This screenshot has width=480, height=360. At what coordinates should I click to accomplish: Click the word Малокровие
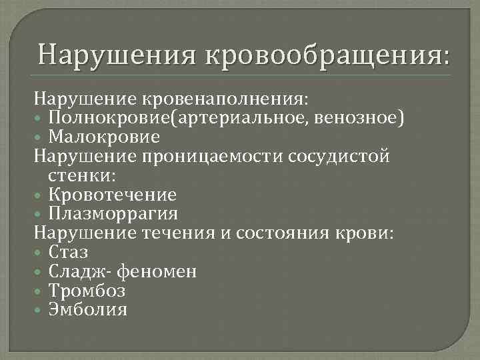(104, 137)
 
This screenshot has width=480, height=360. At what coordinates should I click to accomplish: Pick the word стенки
(82, 176)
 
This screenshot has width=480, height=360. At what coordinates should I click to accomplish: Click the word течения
(173, 233)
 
